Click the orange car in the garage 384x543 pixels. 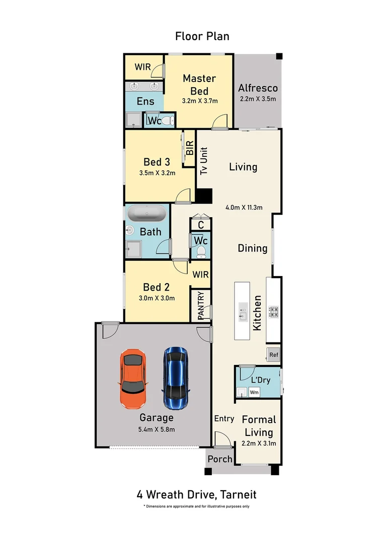(133, 379)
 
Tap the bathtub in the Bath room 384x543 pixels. (146, 214)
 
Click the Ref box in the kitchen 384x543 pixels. (273, 354)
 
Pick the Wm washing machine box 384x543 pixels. (254, 392)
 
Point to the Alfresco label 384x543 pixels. (258, 88)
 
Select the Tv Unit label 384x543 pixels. (204, 161)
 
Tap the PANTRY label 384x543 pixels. (201, 305)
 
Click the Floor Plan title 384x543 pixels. (202, 36)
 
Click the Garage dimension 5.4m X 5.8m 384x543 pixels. (157, 429)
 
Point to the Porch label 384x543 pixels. (220, 459)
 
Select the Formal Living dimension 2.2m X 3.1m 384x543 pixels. (259, 443)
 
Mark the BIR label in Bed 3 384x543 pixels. (190, 148)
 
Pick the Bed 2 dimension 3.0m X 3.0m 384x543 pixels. (156, 298)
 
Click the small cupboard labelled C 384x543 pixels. (200, 225)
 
